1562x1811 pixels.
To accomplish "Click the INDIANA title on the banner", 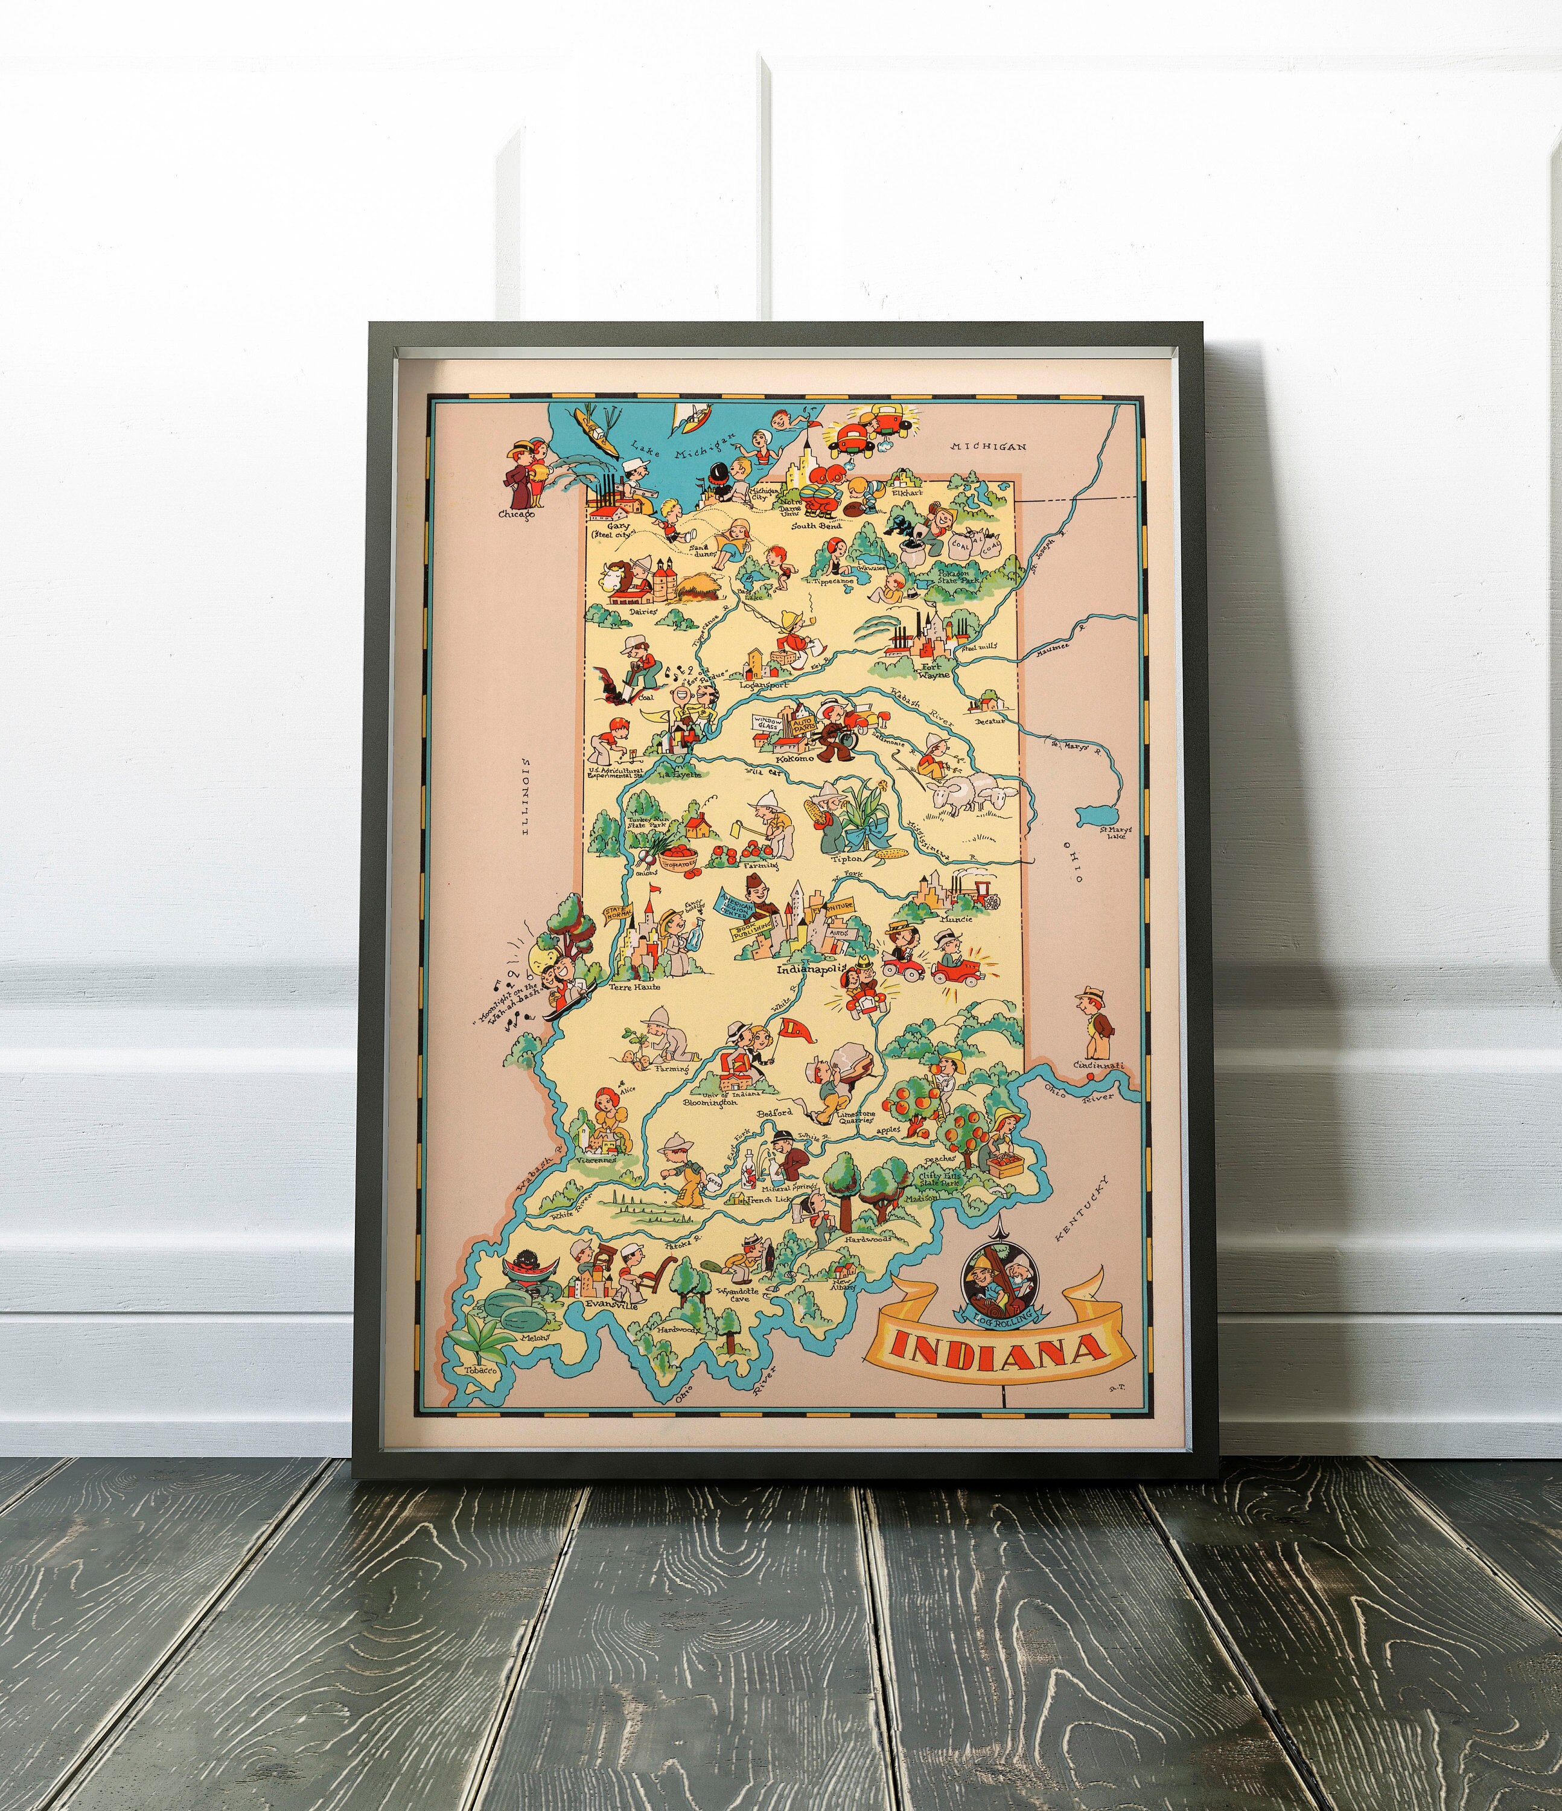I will [x=1000, y=1350].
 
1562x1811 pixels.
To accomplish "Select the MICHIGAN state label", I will [x=989, y=447].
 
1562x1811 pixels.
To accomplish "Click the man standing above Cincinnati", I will [x=1094, y=1021].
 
